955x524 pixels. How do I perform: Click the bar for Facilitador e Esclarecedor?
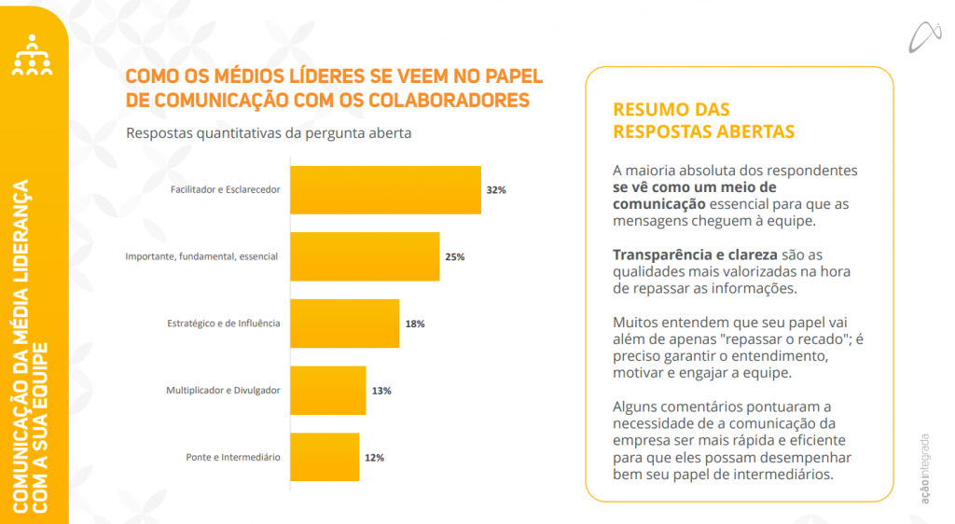tap(385, 190)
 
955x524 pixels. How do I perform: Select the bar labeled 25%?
tap(365, 256)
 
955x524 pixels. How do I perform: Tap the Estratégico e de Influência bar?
tap(345, 324)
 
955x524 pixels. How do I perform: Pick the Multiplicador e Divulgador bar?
tap(328, 391)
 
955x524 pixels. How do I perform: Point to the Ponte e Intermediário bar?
tap(325, 457)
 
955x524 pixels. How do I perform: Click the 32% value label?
tap(495, 190)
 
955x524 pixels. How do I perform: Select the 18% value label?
tap(414, 324)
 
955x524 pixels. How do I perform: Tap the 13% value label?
tap(381, 391)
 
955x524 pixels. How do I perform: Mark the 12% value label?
tap(374, 458)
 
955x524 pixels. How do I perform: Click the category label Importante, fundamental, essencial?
tap(201, 256)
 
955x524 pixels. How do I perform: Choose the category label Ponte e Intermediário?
tap(233, 458)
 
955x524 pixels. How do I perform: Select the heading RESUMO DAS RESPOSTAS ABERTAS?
tap(703, 120)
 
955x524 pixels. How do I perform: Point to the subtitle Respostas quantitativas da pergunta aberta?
tap(269, 132)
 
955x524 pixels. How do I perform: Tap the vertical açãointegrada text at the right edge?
tap(924, 466)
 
